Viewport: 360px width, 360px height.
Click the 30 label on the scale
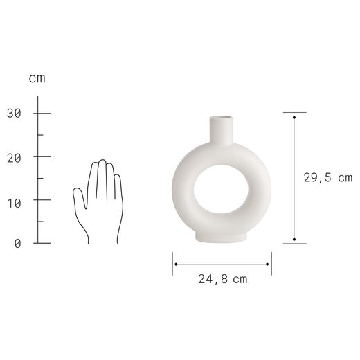click(14, 114)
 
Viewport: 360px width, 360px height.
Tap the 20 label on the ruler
click(14, 159)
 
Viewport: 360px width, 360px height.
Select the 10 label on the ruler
click(14, 204)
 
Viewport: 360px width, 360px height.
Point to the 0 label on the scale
click(17, 244)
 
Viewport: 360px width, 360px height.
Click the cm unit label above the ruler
click(37, 78)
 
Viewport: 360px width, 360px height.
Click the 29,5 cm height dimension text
click(328, 178)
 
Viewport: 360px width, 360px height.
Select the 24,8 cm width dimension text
click(223, 279)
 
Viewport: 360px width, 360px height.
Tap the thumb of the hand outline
click(80, 198)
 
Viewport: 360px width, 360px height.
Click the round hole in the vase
click(221, 189)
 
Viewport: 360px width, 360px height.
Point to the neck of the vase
click(221, 131)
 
